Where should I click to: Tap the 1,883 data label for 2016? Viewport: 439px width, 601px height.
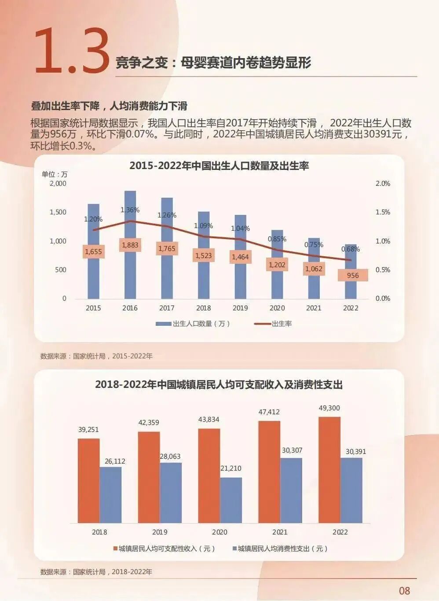pyautogui.click(x=130, y=245)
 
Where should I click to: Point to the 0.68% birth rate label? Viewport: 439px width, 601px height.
pyautogui.click(x=351, y=249)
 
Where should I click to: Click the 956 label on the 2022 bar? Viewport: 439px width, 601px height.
pyautogui.click(x=353, y=275)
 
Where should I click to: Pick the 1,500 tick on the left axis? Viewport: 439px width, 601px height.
pyautogui.click(x=58, y=212)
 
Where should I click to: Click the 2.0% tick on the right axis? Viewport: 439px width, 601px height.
pyautogui.click(x=382, y=184)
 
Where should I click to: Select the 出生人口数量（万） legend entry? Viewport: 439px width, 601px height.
pyautogui.click(x=194, y=324)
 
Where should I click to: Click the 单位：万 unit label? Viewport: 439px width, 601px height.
pyautogui.click(x=55, y=174)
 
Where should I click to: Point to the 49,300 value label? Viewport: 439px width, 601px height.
pyautogui.click(x=329, y=408)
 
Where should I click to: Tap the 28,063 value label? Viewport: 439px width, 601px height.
pyautogui.click(x=170, y=457)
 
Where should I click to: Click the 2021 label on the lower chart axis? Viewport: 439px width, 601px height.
pyautogui.click(x=280, y=532)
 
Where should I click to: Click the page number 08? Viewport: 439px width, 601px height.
pyautogui.click(x=404, y=590)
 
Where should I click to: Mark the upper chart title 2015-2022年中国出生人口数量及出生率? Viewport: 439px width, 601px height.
pyautogui.click(x=219, y=166)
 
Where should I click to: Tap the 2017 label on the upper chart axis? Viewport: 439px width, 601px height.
pyautogui.click(x=167, y=308)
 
